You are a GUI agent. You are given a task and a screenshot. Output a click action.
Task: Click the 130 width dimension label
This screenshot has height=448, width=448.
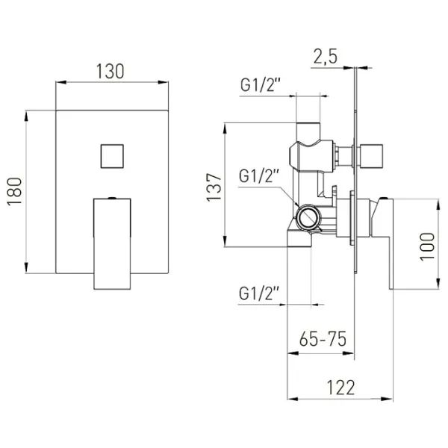click(110, 72)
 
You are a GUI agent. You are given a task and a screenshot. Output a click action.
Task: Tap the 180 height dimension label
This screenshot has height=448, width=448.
click(15, 191)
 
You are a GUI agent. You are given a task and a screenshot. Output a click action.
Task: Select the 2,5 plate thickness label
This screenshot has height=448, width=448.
click(326, 57)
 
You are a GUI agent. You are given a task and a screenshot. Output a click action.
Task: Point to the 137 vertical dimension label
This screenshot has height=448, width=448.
click(214, 187)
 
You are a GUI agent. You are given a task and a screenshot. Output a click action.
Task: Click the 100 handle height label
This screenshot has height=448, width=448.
click(427, 246)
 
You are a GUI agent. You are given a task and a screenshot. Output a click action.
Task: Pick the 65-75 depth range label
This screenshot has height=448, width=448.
click(323, 339)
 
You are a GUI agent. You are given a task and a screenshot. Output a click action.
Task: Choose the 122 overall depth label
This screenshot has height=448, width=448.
click(340, 387)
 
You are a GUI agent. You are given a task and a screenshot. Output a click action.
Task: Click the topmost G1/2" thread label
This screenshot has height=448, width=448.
click(261, 85)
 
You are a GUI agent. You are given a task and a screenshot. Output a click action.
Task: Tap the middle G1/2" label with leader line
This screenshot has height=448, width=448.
click(259, 176)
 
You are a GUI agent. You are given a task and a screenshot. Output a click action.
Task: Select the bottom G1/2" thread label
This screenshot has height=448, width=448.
click(259, 293)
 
